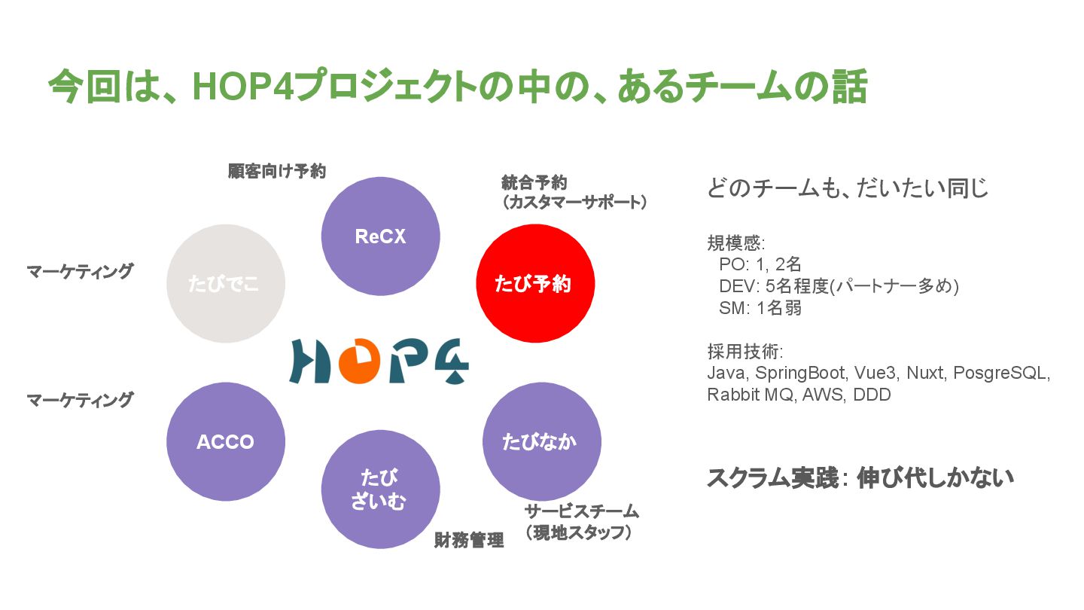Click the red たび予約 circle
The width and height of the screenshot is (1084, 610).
point(535,283)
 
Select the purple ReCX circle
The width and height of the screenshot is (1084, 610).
point(380,236)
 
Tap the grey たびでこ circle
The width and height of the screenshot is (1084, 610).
point(225,283)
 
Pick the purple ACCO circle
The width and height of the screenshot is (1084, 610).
point(225,441)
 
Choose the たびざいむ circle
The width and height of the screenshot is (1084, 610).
point(380,489)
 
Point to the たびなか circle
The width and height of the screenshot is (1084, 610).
point(540,441)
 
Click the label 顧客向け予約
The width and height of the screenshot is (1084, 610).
point(277,171)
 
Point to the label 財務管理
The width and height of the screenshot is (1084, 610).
point(469,540)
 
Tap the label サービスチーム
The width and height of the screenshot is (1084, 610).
point(582,511)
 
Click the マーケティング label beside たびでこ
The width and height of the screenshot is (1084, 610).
point(80,271)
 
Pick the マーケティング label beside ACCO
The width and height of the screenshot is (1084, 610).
point(80,400)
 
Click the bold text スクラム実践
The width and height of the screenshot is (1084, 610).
point(772,478)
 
